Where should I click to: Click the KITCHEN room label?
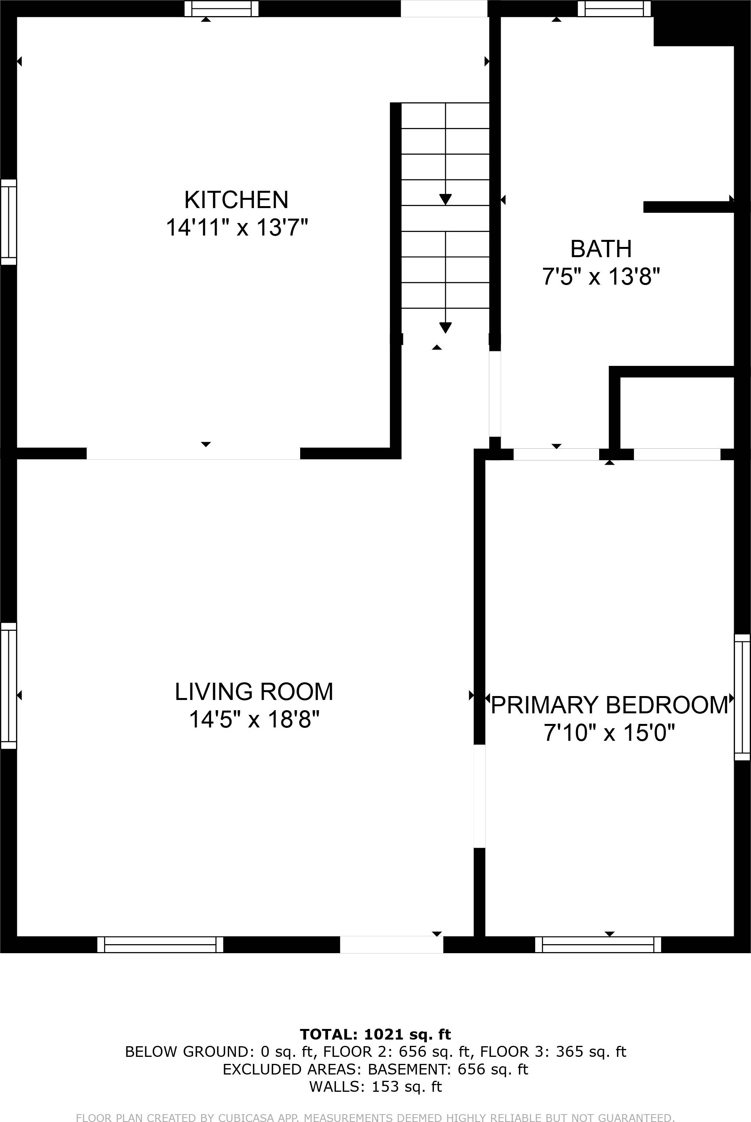(236, 200)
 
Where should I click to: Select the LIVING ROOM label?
(254, 692)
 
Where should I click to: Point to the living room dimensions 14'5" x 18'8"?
(254, 719)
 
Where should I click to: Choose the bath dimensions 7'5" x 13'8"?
(601, 276)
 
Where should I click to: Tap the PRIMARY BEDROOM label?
(609, 705)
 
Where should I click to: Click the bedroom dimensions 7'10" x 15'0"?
(609, 733)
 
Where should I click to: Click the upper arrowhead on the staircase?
(445, 199)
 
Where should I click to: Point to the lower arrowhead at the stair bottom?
(445, 328)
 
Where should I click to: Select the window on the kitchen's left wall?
(9, 222)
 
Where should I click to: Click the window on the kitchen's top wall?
(221, 9)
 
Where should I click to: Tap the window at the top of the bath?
(614, 9)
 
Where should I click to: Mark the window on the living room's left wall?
(9, 685)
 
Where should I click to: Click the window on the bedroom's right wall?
(742, 697)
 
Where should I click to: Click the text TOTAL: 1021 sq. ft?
(375, 1048)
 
